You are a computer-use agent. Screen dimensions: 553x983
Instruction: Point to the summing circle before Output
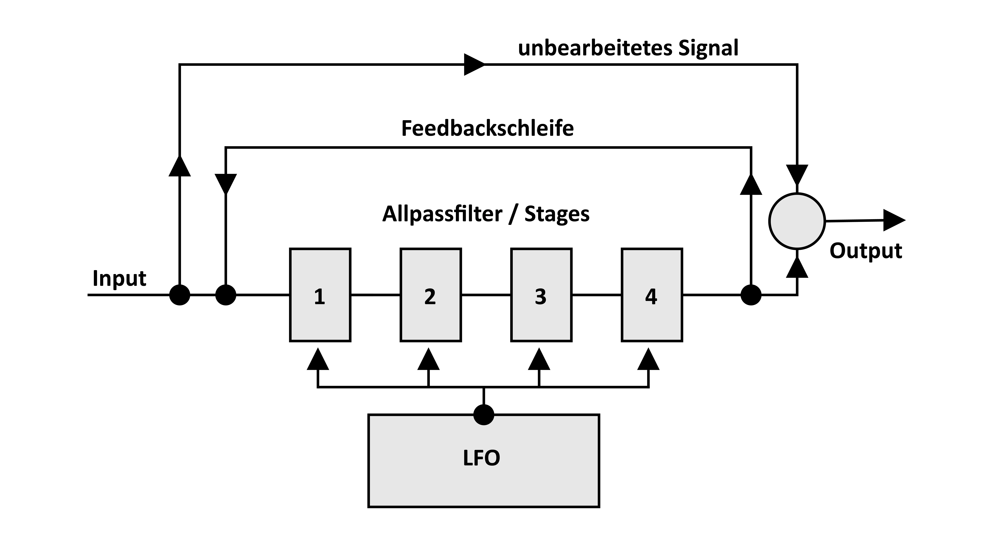pyautogui.click(x=797, y=221)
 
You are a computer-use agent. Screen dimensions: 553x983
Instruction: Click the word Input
pyautogui.click(x=119, y=279)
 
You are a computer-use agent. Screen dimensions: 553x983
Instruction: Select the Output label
pyautogui.click(x=865, y=251)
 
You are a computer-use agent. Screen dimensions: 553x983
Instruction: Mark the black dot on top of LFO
pyautogui.click(x=484, y=415)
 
